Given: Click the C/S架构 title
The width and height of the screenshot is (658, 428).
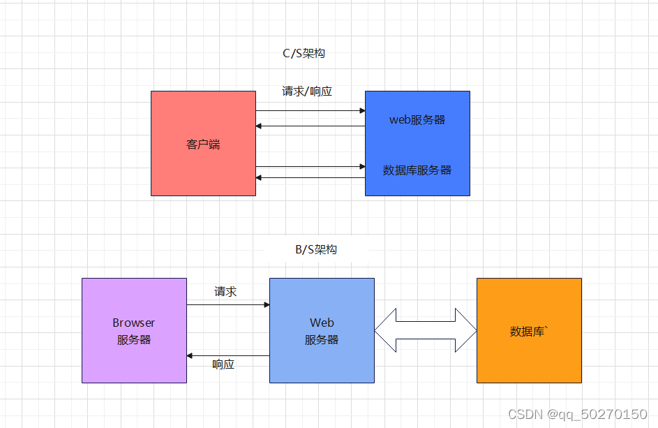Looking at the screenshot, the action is [304, 53].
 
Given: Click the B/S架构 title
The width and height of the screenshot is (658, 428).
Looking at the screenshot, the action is [316, 249].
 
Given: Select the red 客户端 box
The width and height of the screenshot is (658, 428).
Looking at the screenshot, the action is [204, 143].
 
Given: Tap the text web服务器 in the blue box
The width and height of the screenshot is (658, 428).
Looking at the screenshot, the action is [417, 119].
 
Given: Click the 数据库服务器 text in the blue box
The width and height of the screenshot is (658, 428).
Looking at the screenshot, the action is [417, 170].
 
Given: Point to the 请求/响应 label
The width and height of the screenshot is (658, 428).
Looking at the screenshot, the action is [307, 91].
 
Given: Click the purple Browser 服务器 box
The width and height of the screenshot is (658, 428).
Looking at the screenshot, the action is [134, 330].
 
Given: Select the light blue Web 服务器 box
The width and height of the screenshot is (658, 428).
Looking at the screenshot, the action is [322, 330].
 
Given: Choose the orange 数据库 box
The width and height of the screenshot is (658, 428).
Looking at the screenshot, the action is [529, 330].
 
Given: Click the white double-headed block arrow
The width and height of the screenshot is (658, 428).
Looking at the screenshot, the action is [426, 330].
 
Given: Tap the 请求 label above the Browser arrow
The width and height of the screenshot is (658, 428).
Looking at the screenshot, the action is [225, 291].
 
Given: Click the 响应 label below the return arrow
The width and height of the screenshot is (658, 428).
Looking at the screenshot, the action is [223, 364].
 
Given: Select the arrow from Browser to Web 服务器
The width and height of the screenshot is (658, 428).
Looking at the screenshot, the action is [228, 304].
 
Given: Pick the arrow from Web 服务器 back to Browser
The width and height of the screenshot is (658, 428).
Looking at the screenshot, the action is [228, 356].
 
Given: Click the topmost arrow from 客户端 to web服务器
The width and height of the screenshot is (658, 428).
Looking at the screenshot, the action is [311, 110].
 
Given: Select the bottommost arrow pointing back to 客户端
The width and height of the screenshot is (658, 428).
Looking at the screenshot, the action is [311, 177].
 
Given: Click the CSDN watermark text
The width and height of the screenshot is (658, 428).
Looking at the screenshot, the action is [578, 415].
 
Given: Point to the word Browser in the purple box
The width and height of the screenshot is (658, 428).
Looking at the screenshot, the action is [133, 323].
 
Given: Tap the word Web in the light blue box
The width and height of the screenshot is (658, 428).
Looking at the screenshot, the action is [322, 323].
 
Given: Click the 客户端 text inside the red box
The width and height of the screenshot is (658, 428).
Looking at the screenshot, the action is [203, 145].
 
